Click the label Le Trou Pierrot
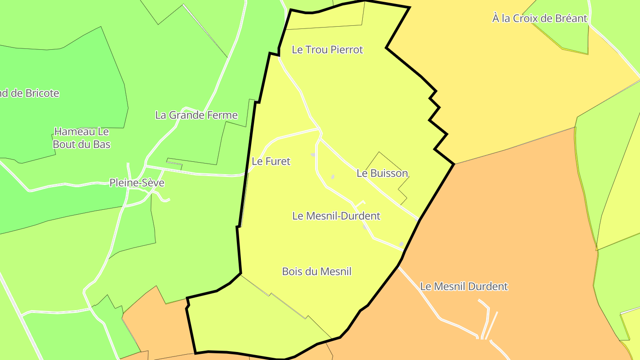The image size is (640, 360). (327, 50)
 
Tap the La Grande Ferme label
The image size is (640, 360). (196, 115)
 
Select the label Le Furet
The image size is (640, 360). (271, 161)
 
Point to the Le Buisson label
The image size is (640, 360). (382, 173)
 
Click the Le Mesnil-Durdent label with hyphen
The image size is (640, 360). (336, 216)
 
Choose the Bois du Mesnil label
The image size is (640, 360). (316, 271)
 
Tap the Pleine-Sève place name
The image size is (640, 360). (137, 183)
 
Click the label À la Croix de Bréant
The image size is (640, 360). (540, 19)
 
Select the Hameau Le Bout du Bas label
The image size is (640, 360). (81, 138)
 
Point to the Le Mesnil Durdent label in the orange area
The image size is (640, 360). (464, 286)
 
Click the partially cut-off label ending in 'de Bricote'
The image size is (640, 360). (29, 93)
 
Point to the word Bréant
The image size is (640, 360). (571, 19)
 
